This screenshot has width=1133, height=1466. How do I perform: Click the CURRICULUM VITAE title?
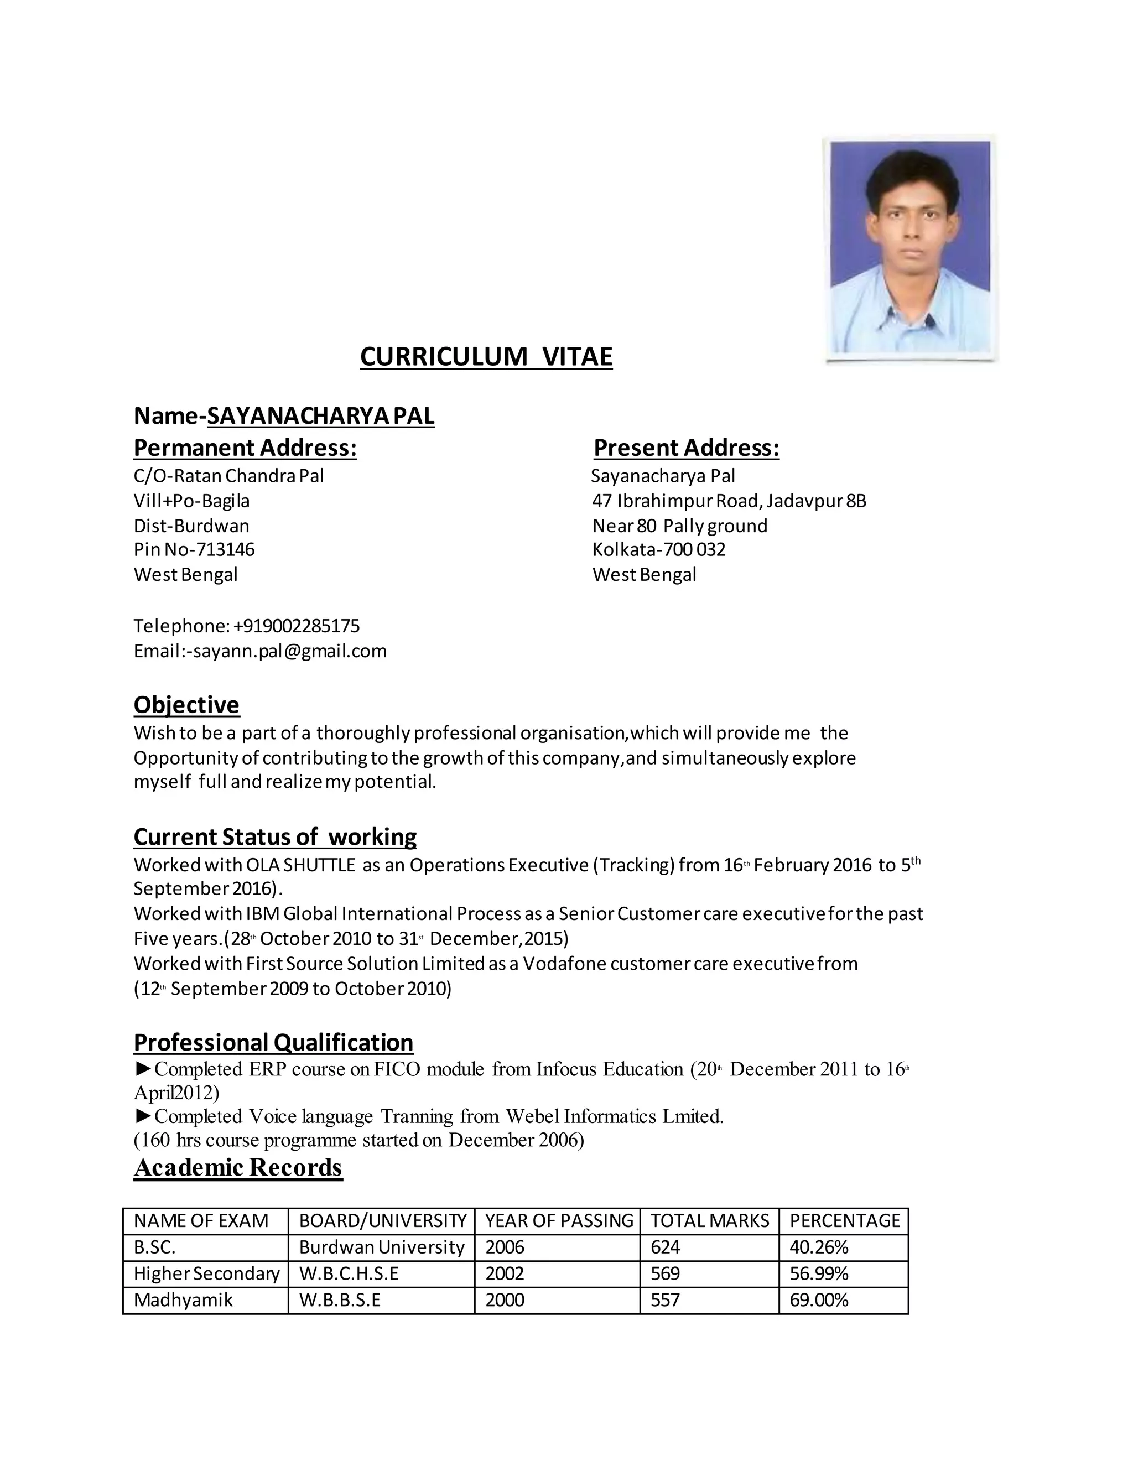click(x=486, y=356)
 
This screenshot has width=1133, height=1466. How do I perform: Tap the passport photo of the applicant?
click(x=910, y=248)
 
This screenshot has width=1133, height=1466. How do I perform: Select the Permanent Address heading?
click(x=245, y=448)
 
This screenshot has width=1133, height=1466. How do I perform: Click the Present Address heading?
click(x=686, y=448)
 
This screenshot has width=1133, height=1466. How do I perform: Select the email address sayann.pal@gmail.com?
click(x=290, y=651)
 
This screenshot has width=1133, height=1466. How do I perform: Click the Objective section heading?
click(x=186, y=705)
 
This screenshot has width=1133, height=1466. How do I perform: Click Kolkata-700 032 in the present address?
click(x=658, y=550)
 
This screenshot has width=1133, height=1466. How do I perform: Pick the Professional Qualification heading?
click(x=273, y=1042)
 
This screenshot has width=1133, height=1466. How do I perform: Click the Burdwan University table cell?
click(x=381, y=1247)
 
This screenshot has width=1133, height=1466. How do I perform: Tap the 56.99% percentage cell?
click(x=819, y=1273)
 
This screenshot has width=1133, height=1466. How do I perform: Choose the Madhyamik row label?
click(x=183, y=1300)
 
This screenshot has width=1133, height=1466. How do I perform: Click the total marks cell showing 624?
click(x=665, y=1247)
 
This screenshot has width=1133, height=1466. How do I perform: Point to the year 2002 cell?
click(x=505, y=1273)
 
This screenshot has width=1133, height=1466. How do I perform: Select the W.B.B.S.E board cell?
click(x=340, y=1300)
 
